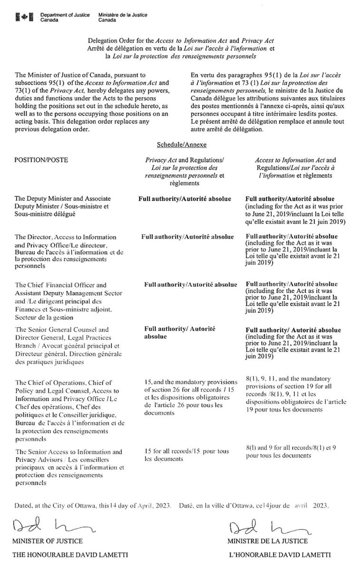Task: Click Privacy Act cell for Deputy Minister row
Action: (185, 198)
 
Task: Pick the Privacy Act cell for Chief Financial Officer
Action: (190, 284)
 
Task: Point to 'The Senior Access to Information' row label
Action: (62, 451)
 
